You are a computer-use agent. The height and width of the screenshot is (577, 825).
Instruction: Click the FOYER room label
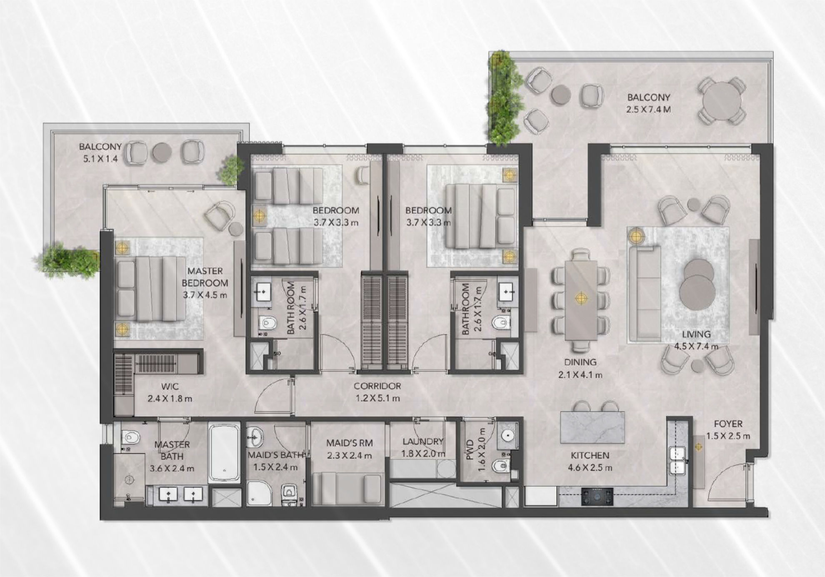[728, 424]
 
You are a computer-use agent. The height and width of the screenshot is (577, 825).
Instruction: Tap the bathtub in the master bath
[224, 453]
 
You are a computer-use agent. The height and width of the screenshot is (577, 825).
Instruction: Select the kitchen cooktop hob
[597, 496]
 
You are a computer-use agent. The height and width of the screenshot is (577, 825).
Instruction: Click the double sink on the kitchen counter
[678, 460]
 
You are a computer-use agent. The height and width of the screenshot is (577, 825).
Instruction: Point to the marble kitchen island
[592, 427]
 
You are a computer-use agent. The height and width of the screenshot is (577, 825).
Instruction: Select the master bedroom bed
[151, 289]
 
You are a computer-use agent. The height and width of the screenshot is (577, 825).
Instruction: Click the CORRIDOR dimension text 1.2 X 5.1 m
[377, 398]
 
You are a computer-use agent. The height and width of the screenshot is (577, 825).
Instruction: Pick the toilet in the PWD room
[500, 465]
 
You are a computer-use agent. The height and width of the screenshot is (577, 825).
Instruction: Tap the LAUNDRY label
[423, 441]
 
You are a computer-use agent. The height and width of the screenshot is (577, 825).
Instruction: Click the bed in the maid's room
[347, 489]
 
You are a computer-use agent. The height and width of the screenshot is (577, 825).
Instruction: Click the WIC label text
[170, 386]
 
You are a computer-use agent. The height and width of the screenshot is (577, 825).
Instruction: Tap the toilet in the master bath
[131, 437]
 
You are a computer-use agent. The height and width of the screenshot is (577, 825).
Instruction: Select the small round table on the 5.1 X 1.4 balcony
[162, 153]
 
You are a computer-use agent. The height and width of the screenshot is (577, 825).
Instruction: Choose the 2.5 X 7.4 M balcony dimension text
[648, 110]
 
